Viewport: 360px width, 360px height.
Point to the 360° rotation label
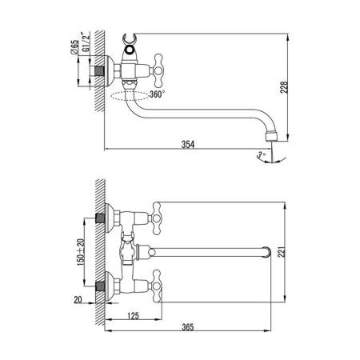tap(157, 94)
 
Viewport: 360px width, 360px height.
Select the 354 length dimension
tap(187, 144)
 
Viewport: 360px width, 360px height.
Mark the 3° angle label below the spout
tap(261, 153)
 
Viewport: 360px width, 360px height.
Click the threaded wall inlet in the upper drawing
tap(100, 71)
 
